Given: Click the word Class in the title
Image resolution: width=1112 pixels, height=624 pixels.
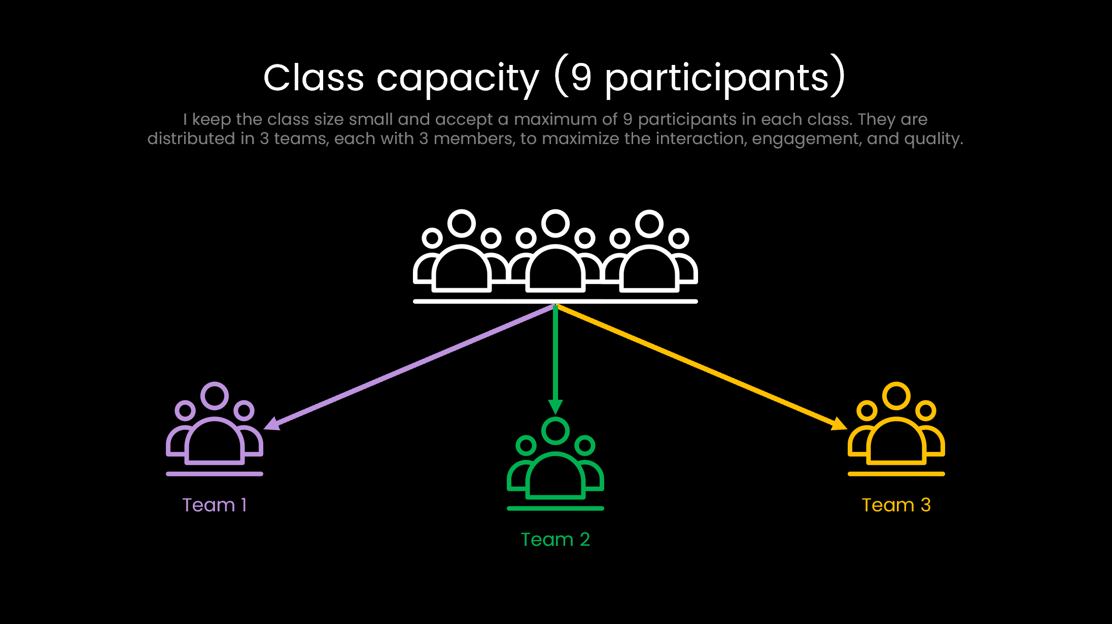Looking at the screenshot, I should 314,78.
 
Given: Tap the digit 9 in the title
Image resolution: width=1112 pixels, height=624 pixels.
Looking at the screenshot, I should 581,78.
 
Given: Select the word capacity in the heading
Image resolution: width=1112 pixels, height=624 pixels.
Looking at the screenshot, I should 457,79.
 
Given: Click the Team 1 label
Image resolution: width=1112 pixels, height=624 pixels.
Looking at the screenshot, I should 215,505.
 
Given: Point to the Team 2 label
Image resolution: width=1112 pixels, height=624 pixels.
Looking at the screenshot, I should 555,539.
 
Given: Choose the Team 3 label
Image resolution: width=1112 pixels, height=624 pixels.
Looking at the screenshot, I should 896,505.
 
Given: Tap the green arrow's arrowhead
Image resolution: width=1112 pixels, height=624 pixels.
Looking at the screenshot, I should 555,406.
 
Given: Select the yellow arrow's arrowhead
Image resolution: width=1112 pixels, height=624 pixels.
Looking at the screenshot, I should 839,424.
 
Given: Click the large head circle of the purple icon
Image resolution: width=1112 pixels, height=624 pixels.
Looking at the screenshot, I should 215,396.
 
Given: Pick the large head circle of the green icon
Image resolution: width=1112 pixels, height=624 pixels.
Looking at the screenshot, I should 555,431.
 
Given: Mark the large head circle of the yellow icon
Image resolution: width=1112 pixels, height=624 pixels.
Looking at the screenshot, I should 896,396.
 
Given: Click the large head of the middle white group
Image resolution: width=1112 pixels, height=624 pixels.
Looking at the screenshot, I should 555,223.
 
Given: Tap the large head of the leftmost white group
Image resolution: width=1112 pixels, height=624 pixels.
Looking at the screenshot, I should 462,223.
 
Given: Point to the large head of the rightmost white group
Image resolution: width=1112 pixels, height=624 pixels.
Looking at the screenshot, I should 649,223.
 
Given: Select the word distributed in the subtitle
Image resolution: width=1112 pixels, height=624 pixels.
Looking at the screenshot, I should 191,138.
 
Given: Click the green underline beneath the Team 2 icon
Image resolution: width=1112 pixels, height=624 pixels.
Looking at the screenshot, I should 555,508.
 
